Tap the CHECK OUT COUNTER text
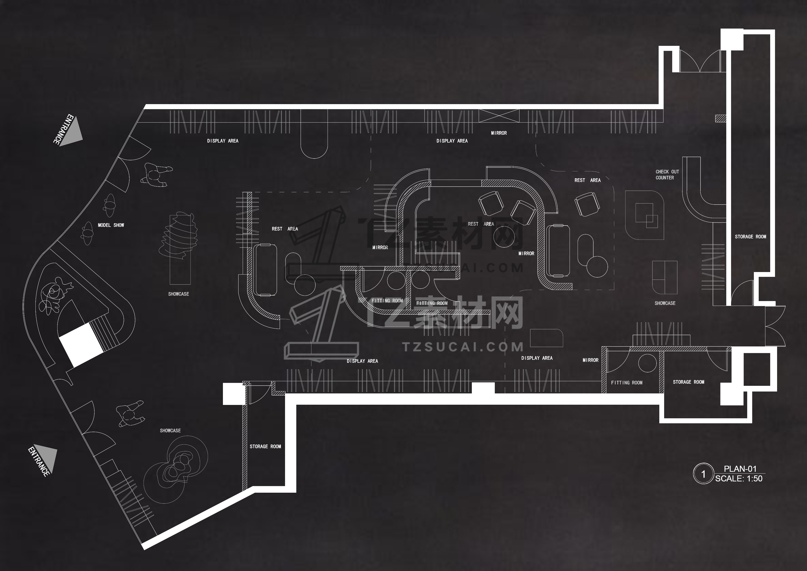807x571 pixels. coord(667,175)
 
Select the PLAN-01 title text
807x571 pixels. coord(740,469)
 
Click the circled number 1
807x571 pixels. coord(703,474)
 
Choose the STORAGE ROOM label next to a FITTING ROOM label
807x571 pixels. coord(688,382)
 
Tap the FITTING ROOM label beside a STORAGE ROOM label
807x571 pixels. coord(626,383)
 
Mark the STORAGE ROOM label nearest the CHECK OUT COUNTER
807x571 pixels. coord(750,237)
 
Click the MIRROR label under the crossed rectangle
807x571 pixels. coord(499,133)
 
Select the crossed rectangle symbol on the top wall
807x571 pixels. coord(499,116)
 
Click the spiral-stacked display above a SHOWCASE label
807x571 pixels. coord(179,236)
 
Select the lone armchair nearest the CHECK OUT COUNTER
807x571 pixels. coord(587,204)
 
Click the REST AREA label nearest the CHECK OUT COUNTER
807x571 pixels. coord(587,180)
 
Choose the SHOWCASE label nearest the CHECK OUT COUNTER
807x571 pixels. coord(665,303)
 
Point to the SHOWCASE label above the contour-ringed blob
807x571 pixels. coord(170,431)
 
